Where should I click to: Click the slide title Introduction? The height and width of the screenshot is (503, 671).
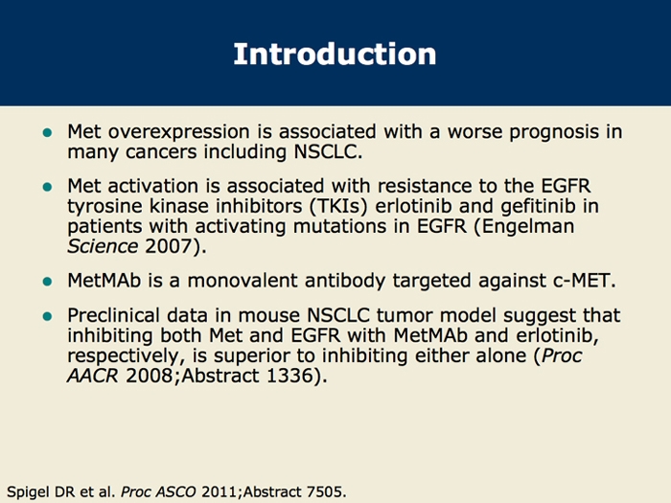[x=335, y=53]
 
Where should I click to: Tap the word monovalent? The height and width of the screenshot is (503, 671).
[x=234, y=281]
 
